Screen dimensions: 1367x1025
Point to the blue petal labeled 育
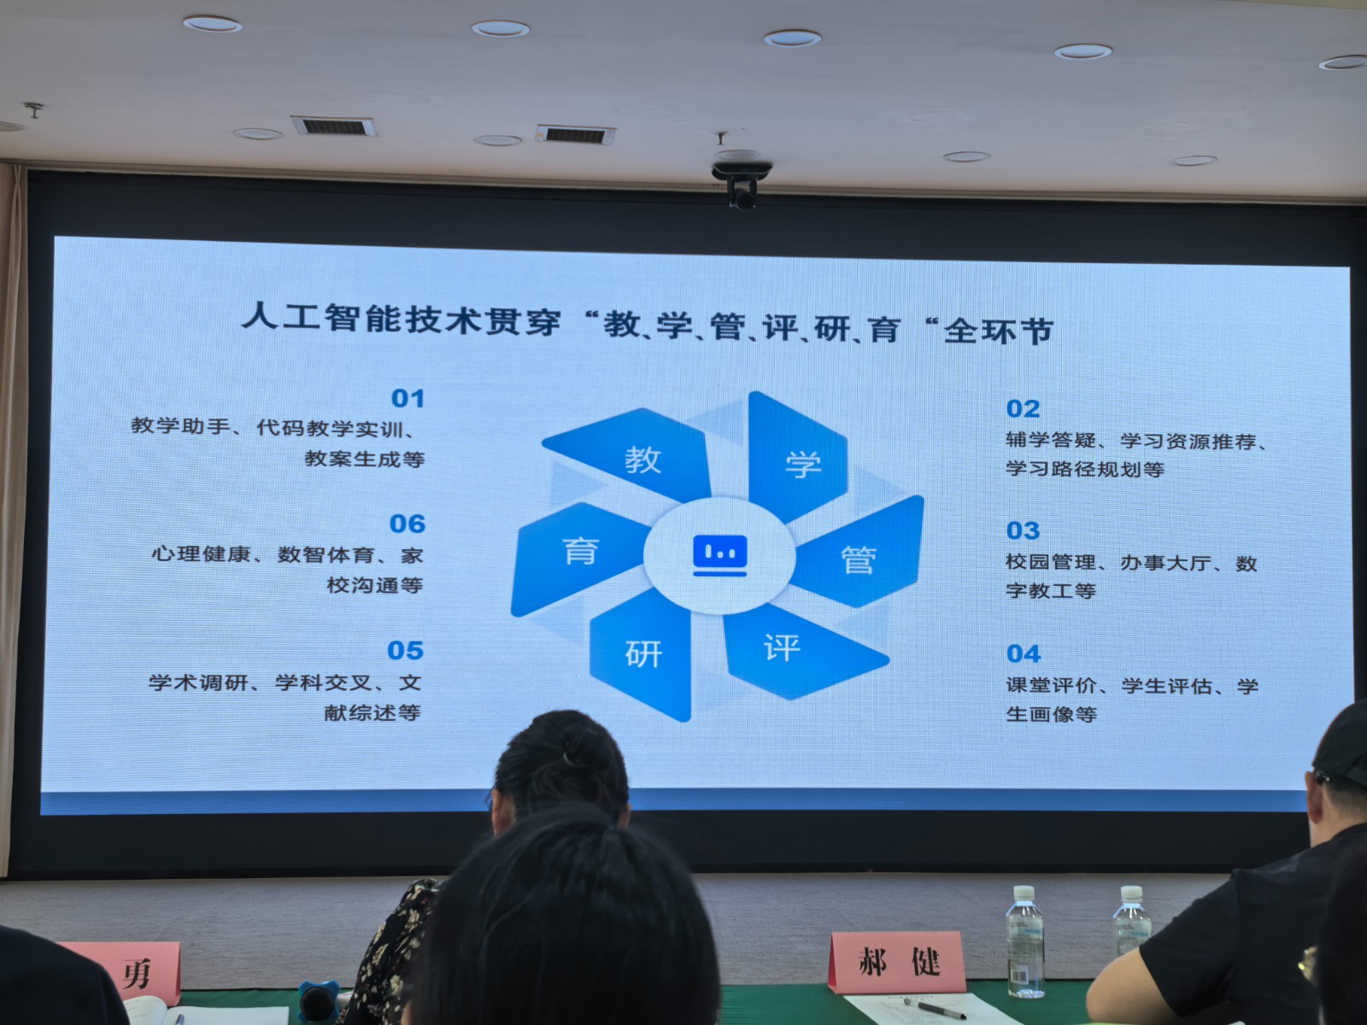point(576,556)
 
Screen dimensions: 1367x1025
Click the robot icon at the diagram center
point(720,555)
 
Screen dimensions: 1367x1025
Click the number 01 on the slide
point(408,398)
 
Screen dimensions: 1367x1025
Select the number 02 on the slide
point(1024,409)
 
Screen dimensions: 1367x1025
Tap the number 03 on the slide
point(1024,530)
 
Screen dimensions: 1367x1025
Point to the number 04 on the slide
point(1024,653)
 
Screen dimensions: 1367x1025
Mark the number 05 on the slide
point(406,650)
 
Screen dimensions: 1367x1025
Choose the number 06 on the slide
point(408,524)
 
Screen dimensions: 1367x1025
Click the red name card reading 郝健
point(897,962)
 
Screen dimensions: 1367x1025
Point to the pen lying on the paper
point(935,1008)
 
